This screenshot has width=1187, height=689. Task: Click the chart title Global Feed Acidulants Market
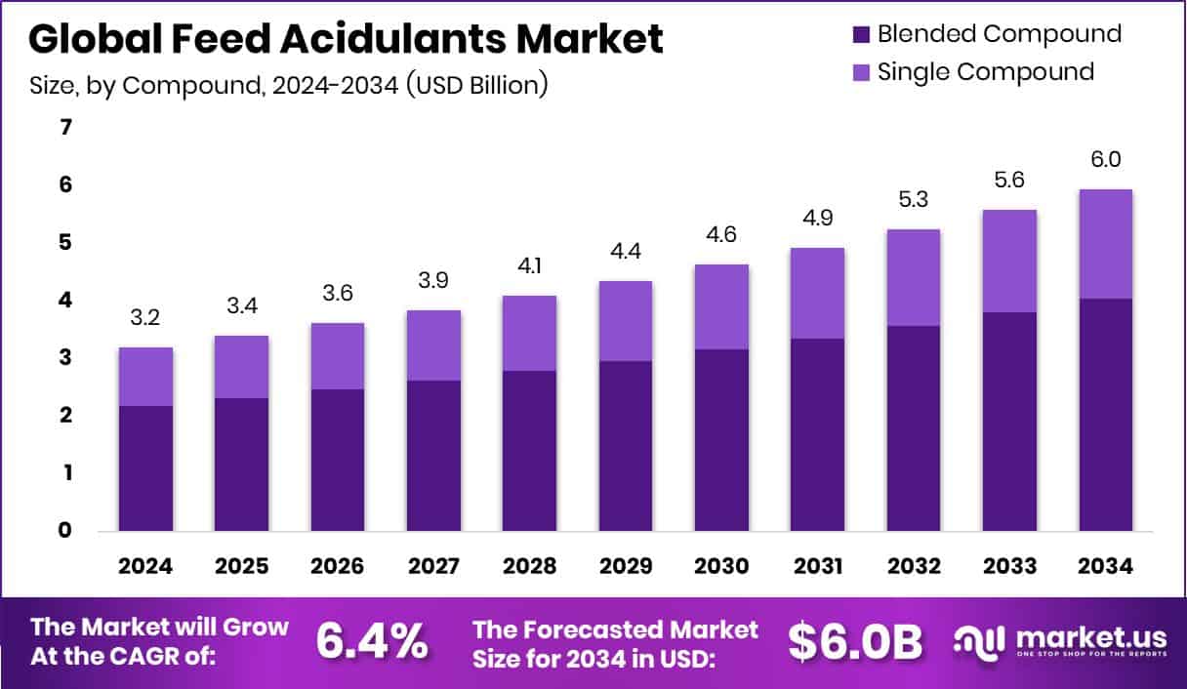click(346, 39)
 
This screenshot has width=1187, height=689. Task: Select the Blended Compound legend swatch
click(860, 34)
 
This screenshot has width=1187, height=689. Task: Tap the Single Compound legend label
click(985, 71)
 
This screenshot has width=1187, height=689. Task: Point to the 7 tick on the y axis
click(65, 128)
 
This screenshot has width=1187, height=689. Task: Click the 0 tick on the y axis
click(65, 531)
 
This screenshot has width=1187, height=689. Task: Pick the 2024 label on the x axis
click(146, 567)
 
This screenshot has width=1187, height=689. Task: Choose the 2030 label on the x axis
click(721, 567)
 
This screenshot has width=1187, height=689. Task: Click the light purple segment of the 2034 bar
click(1105, 244)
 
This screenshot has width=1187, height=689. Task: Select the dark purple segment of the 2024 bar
click(146, 468)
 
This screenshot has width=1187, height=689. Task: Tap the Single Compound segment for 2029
click(626, 321)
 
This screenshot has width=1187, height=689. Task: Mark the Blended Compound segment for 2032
click(913, 428)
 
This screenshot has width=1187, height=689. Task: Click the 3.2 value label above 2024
click(146, 318)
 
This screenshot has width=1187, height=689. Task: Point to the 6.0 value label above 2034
click(1105, 160)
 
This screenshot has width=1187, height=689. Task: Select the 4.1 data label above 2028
click(530, 266)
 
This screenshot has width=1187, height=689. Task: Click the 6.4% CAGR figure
click(371, 642)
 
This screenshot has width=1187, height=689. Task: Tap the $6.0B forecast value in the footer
click(855, 642)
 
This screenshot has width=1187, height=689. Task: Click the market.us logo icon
click(979, 642)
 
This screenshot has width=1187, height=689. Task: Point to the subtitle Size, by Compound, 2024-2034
click(288, 85)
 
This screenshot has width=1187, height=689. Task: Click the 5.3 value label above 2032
click(913, 200)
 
